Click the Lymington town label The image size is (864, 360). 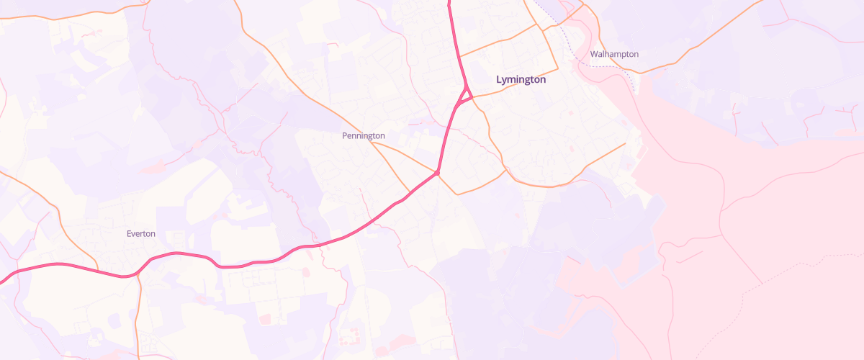521,80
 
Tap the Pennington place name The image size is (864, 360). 363,135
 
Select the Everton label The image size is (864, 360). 140,233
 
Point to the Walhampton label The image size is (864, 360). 613,54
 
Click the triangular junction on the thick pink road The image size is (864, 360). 466,93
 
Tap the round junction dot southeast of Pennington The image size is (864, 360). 437,173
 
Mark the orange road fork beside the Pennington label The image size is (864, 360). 372,142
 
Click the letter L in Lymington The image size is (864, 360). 499,80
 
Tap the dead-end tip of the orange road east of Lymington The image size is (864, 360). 625,143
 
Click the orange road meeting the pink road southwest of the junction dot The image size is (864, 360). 410,193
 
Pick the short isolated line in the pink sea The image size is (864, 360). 690,256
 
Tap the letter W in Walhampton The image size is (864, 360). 593,54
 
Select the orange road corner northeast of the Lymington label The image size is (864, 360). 537,24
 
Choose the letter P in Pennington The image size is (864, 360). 344,135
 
